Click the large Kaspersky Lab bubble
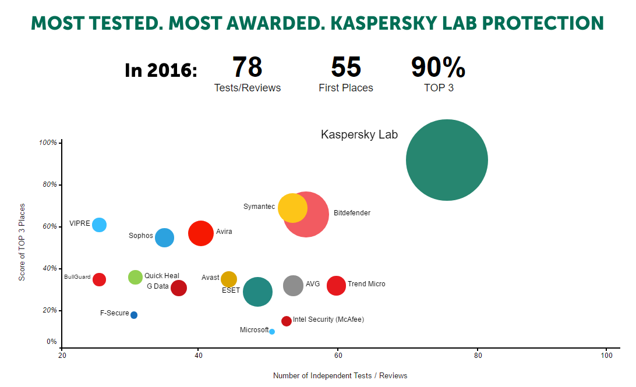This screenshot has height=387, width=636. click(447, 160)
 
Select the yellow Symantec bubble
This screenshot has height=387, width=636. click(292, 208)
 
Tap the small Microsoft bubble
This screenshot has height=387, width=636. click(272, 332)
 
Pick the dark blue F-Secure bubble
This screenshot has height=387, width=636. click(134, 315)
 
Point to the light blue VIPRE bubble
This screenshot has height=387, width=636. click(100, 225)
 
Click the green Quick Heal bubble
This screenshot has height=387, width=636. click(135, 277)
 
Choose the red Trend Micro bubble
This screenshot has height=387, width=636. click(336, 286)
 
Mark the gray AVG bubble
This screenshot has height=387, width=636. click(294, 286)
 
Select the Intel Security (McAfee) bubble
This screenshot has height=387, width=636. click(287, 321)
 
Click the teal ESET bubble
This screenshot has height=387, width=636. click(257, 292)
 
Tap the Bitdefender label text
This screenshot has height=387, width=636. click(352, 213)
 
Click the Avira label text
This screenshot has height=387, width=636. click(224, 232)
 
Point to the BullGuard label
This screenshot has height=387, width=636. click(77, 277)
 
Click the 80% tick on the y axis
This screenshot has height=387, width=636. click(50, 185)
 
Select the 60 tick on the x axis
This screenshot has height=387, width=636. click(337, 355)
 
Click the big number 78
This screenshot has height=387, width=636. click(248, 68)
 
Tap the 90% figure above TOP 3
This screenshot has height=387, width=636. click(438, 68)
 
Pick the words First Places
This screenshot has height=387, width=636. click(346, 88)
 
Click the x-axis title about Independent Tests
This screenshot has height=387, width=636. click(340, 375)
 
